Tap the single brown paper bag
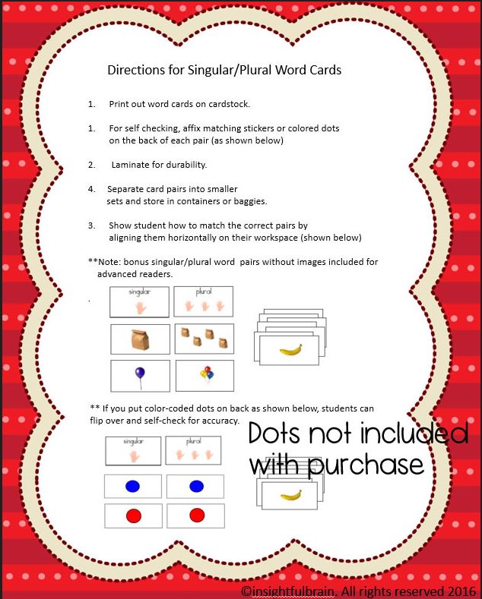[x=140, y=339]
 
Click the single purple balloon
[x=139, y=375]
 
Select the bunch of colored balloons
[x=205, y=374]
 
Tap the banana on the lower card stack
[x=290, y=495]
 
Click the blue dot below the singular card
[x=132, y=486]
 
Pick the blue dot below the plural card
[x=196, y=486]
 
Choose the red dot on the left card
[x=132, y=516]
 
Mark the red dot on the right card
[x=196, y=516]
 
